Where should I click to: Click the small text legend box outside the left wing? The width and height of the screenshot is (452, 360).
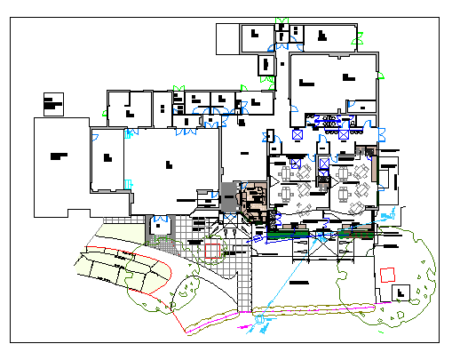[52, 102]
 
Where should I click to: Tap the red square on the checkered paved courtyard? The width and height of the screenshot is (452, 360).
[214, 249]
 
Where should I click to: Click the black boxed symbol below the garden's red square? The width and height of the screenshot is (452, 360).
[401, 292]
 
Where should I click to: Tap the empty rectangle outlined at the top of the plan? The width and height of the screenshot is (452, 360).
[229, 38]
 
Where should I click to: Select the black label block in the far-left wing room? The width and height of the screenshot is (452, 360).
[59, 156]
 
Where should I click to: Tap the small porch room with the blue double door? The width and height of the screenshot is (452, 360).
[160, 225]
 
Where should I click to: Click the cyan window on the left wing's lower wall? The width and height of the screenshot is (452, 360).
[129, 183]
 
